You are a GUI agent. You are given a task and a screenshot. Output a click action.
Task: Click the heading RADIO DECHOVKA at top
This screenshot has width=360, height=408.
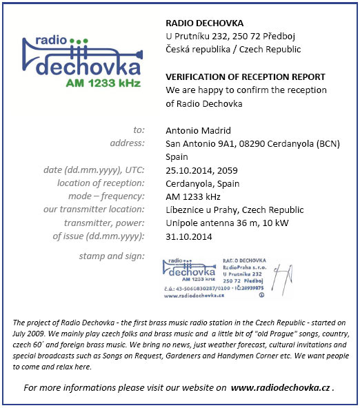coord(205,23)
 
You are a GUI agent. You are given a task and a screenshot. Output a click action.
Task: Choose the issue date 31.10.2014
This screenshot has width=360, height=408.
coord(190,236)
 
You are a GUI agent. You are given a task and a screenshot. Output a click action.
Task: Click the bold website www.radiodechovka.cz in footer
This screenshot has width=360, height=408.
coord(281,388)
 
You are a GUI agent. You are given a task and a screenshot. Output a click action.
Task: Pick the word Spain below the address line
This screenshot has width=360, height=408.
coord(178,156)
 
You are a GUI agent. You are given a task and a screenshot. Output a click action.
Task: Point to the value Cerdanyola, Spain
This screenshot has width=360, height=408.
coord(202,183)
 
